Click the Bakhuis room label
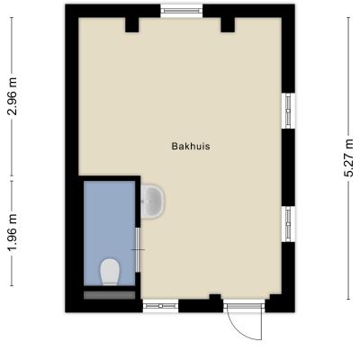(191, 147)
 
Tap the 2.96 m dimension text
(13, 96)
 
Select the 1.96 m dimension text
(13, 233)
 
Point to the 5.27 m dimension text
(349, 158)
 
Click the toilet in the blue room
(110, 272)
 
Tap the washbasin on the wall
(153, 201)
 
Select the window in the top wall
(181, 11)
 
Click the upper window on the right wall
(289, 111)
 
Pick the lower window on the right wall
(289, 224)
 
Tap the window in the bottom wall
(160, 306)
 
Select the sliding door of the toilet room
(138, 249)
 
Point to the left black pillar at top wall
(131, 25)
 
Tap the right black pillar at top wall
(228, 25)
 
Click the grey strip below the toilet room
(109, 295)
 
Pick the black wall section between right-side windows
(289, 167)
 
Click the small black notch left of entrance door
(215, 297)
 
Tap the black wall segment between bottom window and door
(201, 306)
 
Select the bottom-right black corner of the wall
(280, 303)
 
